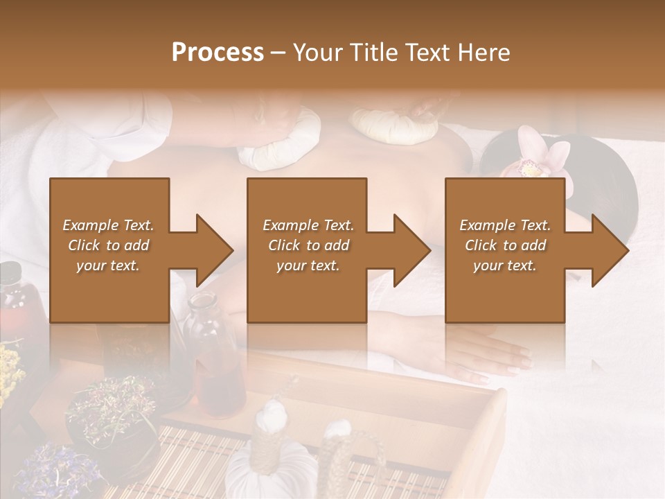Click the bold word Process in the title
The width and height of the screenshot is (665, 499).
point(218,53)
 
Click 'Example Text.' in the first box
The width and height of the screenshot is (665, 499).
point(108,225)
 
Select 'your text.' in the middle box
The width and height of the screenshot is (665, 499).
point(308,265)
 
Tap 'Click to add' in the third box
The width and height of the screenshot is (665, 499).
point(506,245)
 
